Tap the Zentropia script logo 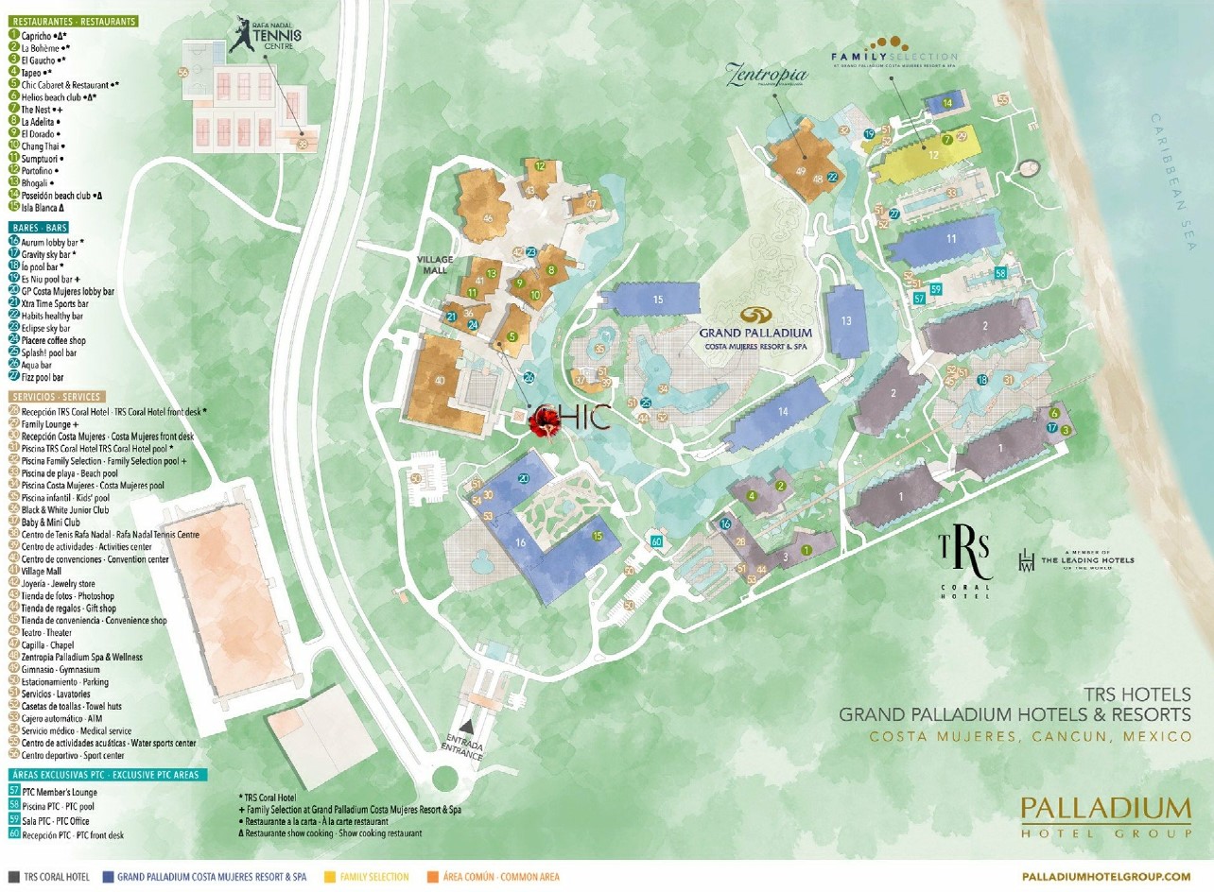(x=767, y=75)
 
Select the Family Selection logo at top (x=894, y=51)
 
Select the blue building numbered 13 (x=845, y=321)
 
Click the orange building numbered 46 (x=487, y=216)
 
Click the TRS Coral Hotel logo (x=964, y=558)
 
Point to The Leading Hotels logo (x=1077, y=560)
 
